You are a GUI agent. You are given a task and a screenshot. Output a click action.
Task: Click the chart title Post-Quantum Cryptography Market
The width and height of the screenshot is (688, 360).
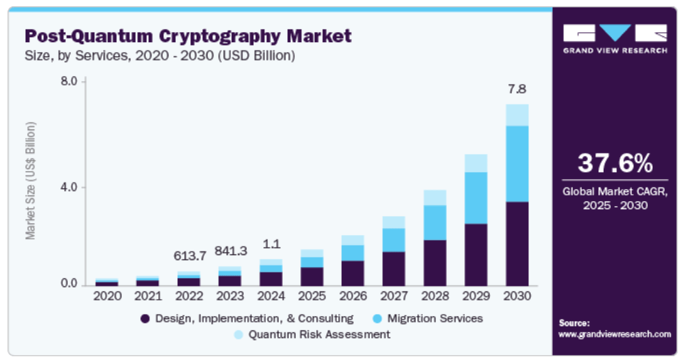pyautogui.click(x=187, y=36)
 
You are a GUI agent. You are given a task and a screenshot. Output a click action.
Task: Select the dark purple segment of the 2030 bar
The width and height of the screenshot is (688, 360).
pyautogui.click(x=517, y=243)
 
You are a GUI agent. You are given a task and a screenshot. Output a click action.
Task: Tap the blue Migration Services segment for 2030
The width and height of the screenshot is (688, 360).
pyautogui.click(x=517, y=163)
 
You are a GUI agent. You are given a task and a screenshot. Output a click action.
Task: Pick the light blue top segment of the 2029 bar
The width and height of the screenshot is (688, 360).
pyautogui.click(x=476, y=163)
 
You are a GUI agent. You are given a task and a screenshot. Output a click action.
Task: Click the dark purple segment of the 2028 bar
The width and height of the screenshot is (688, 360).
pyautogui.click(x=435, y=262)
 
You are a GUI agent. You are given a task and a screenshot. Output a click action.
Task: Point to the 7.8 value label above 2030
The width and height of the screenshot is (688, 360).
pyautogui.click(x=517, y=89)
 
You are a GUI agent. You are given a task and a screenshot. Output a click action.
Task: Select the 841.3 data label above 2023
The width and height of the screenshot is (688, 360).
pyautogui.click(x=230, y=251)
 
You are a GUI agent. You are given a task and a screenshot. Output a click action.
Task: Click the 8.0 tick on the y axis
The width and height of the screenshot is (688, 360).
pyautogui.click(x=69, y=81)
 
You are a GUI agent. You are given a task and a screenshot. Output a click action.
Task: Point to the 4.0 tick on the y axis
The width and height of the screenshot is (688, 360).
pyautogui.click(x=69, y=187)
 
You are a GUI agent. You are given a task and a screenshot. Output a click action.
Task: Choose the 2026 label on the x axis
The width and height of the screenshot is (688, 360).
pyautogui.click(x=352, y=296)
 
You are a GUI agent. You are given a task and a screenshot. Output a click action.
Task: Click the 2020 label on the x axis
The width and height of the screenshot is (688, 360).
pyautogui.click(x=107, y=296)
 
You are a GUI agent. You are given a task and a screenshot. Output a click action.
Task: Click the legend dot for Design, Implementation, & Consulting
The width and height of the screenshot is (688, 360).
pyautogui.click(x=145, y=319)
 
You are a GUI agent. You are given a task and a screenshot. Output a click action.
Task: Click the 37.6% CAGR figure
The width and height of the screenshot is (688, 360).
pyautogui.click(x=615, y=163)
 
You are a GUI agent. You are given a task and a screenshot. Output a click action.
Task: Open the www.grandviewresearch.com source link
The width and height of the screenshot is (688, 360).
pyautogui.click(x=614, y=334)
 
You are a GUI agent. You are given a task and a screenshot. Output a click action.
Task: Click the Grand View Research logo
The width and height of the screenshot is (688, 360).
pyautogui.click(x=614, y=38)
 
